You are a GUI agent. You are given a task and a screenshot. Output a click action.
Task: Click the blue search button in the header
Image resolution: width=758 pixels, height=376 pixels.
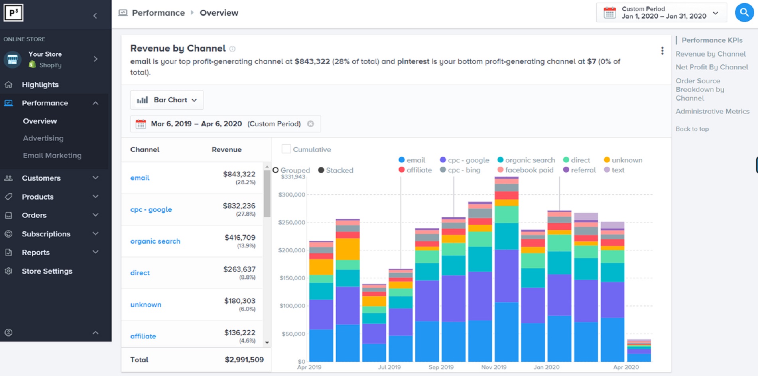(744, 13)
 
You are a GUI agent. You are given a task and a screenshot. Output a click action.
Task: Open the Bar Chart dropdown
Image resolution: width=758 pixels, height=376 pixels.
(167, 100)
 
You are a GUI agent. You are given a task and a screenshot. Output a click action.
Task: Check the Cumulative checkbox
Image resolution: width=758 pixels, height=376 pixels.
(286, 149)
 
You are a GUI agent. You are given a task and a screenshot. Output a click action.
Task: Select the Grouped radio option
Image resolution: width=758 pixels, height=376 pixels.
(276, 170)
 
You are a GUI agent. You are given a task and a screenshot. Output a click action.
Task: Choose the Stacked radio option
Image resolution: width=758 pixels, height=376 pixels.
(321, 170)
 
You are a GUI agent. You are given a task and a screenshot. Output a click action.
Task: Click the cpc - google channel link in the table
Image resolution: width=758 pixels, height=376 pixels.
(151, 209)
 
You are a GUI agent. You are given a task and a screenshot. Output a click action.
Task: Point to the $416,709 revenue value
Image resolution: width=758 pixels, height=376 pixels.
(240, 238)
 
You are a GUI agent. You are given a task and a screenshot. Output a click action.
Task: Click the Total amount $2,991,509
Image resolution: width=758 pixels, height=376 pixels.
(244, 360)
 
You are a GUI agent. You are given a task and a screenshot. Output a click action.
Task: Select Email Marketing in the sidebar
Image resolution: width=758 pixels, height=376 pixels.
(52, 156)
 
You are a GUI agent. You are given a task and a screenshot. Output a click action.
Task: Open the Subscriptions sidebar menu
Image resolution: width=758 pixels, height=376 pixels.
(46, 234)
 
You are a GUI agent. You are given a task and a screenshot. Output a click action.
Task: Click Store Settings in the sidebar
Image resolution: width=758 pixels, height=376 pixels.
(47, 271)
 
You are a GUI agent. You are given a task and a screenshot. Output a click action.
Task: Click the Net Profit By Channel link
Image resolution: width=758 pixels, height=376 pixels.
(711, 67)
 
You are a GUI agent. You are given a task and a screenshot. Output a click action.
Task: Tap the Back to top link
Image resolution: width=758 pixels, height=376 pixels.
(692, 129)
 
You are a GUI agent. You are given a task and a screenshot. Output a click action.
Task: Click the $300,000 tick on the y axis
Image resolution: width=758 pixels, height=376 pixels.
(292, 195)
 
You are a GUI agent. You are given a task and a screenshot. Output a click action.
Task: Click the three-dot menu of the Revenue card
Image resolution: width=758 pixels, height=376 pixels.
(662, 51)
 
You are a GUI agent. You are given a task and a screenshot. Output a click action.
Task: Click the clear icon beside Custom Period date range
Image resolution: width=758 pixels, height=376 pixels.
(310, 124)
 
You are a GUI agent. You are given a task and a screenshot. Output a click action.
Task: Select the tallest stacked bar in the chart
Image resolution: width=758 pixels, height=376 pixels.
(506, 271)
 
